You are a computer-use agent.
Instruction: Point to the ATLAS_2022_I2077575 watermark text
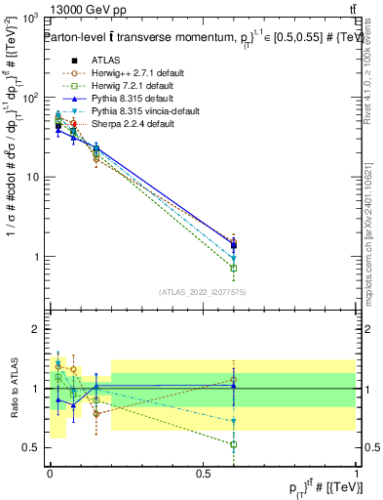[204, 291]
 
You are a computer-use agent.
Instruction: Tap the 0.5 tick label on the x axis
[203, 472]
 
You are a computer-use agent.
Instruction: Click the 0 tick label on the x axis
[50, 472]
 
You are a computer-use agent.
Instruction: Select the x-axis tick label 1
[357, 472]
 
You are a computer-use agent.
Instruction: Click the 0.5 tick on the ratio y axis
[32, 447]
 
